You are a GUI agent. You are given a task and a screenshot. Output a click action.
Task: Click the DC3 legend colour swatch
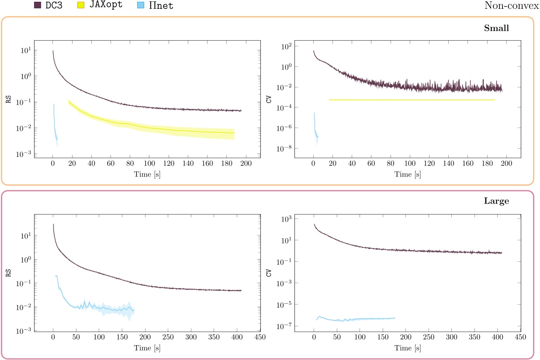[x=38, y=6]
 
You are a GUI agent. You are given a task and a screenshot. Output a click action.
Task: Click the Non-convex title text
[x=512, y=6]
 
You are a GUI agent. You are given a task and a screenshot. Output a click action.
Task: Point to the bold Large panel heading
[x=496, y=201]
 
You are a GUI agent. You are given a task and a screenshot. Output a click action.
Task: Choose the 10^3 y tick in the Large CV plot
[x=284, y=219]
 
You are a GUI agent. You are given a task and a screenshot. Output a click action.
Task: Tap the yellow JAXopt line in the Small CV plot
[x=411, y=100]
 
